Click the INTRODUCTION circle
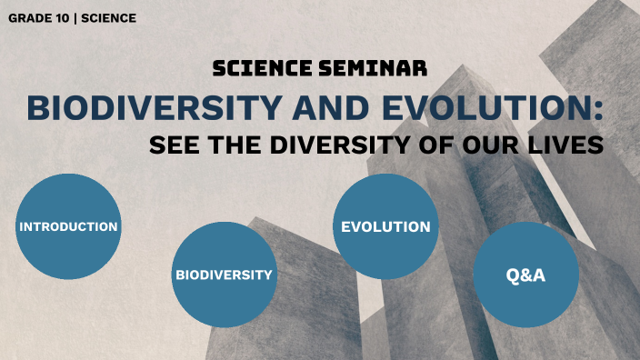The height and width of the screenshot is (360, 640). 68,226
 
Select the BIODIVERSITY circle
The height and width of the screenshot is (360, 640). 224,275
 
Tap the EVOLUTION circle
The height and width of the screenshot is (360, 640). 385,226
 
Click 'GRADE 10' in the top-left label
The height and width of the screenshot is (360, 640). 37,17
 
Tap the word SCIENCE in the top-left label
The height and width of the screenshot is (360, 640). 108,17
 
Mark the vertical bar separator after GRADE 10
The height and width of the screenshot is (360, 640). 75,17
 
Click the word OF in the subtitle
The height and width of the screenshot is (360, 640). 434,145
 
